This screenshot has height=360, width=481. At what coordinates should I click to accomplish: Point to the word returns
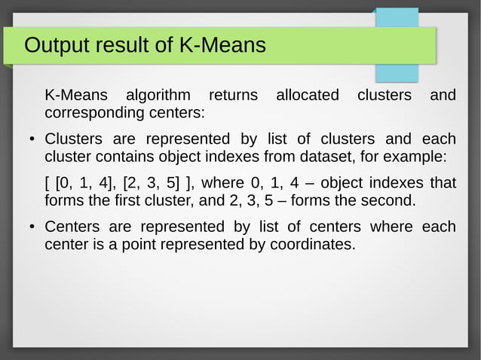tap(232, 96)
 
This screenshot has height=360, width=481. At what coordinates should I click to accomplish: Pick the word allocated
tap(308, 96)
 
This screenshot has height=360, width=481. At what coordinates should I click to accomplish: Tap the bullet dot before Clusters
tap(31, 140)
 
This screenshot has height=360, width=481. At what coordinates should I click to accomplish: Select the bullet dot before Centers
tap(31, 227)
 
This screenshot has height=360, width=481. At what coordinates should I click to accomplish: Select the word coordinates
tap(308, 245)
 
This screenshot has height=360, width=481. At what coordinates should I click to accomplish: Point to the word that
tap(443, 183)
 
